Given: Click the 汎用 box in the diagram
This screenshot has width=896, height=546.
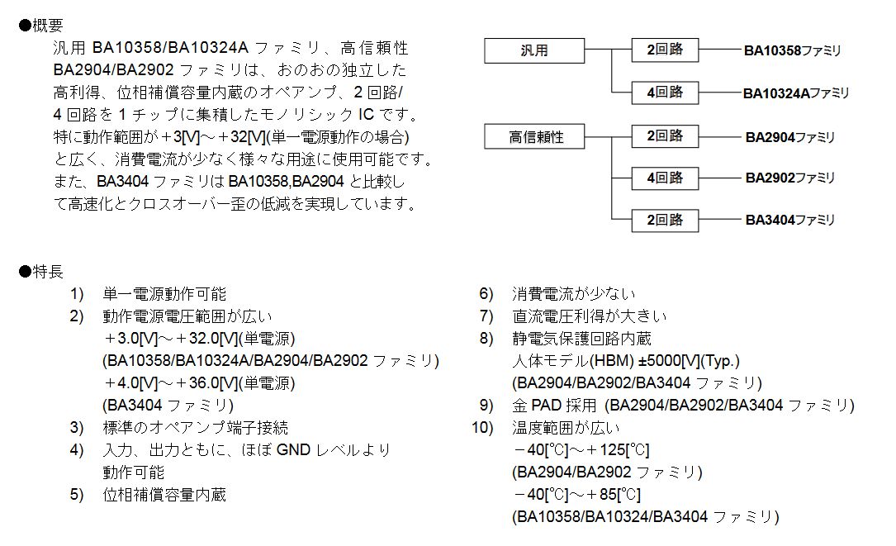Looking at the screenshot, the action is (534, 50).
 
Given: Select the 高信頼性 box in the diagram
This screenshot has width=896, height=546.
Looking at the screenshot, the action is (534, 136).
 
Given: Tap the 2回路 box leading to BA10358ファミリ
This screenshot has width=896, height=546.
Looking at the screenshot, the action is (665, 50).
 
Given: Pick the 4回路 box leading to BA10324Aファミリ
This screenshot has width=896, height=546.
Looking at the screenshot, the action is (665, 92).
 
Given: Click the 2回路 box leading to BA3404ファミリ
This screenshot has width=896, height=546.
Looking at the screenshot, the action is (665, 220).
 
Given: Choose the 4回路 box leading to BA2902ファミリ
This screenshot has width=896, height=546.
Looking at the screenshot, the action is (665, 178).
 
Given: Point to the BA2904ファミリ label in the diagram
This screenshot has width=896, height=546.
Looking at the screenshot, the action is (790, 137).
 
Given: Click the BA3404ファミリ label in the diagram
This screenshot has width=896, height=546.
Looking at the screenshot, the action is (790, 220).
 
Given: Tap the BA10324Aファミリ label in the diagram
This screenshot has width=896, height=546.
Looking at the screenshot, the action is (796, 93).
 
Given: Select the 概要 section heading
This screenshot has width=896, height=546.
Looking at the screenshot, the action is (41, 25).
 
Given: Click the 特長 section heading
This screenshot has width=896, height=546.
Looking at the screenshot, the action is (41, 271).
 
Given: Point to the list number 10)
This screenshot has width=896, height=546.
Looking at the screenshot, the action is (482, 428).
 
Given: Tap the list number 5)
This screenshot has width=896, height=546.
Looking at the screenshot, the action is (77, 495).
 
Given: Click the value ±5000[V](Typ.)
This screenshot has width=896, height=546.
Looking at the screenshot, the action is (690, 361).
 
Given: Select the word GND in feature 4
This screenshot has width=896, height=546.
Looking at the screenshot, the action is (293, 450).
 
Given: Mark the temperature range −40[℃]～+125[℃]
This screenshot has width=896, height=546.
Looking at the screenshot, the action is (581, 450).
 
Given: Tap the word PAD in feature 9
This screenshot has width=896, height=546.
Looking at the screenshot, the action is (547, 406).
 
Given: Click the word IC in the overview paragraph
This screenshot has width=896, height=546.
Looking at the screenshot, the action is (367, 114).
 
